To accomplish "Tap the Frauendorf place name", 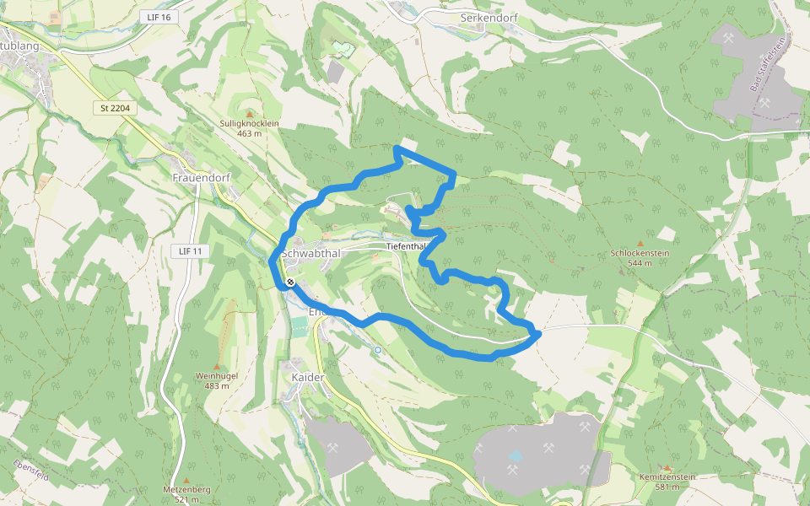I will [201, 178].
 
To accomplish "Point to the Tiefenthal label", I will [407, 246].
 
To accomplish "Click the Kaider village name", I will [307, 377].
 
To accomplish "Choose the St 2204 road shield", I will [113, 108].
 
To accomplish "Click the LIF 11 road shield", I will [192, 251].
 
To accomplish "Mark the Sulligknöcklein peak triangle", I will [249, 114].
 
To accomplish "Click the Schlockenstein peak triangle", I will [640, 243].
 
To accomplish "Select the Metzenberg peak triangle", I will [186, 479].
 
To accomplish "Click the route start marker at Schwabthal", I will [289, 283].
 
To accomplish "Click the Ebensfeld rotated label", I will [30, 471].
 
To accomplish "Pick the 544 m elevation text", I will [640, 263].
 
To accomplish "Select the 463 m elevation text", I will [249, 133].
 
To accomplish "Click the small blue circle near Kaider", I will [377, 349].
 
